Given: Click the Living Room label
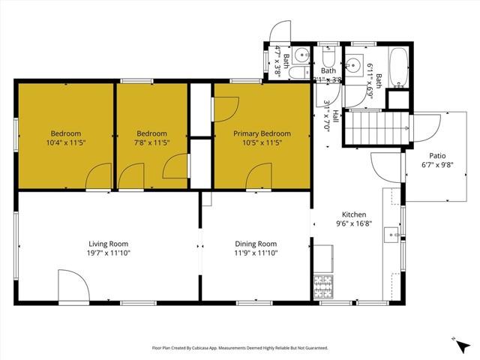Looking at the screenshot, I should point(109,244).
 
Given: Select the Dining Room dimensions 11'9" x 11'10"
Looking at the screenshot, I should point(256,253).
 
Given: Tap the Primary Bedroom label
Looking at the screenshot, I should point(262,133).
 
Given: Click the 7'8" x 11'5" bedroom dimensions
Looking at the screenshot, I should point(151,143).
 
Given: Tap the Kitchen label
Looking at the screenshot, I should point(354,213).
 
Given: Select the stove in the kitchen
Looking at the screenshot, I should point(323,286).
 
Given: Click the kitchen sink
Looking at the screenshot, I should point(392,235).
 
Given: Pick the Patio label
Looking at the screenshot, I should point(427,156).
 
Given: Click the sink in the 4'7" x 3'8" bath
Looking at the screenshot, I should point(301,55).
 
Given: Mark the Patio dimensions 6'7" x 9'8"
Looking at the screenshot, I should point(427,166).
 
